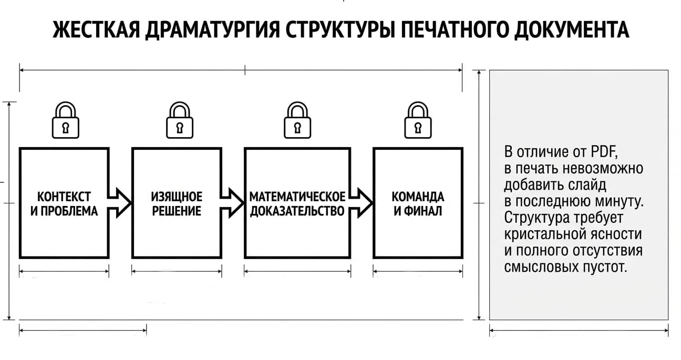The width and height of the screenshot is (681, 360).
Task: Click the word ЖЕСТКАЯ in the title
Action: (x=96, y=30)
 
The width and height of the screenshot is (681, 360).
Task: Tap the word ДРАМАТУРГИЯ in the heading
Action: (x=212, y=30)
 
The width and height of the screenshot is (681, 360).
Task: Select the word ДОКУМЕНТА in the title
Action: (x=572, y=30)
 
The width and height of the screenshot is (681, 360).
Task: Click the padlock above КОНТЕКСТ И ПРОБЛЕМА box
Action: (x=65, y=120)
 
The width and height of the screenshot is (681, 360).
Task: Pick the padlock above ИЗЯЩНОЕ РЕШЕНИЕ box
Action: (x=180, y=120)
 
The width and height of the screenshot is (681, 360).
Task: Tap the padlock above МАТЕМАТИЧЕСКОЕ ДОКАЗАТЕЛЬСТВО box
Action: (x=297, y=120)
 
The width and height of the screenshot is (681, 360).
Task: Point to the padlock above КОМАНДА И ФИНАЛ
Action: (x=418, y=120)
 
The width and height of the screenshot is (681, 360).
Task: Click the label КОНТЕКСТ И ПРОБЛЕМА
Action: (x=64, y=204)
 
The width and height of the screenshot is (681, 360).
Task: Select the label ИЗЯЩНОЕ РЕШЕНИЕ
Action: (x=177, y=204)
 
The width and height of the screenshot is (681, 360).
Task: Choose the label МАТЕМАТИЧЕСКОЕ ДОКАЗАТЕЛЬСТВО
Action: (x=297, y=204)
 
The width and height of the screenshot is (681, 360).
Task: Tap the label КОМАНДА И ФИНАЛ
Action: (x=418, y=204)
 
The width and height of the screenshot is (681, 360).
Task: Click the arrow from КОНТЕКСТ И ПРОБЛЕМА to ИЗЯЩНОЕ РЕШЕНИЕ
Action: (x=119, y=203)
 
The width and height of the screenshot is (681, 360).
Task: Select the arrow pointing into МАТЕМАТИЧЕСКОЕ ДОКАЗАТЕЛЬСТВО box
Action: (x=232, y=203)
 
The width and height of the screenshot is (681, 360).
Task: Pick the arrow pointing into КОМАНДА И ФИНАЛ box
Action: (x=361, y=203)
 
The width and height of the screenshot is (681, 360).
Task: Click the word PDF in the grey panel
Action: (x=604, y=151)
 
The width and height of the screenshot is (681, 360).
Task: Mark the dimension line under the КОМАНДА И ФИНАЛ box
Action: (x=418, y=271)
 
